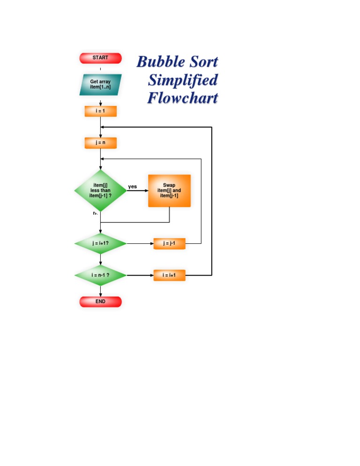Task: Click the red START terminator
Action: click(100, 58)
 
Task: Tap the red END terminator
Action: click(100, 301)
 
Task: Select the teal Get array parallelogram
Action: click(100, 84)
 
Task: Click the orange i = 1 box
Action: click(100, 111)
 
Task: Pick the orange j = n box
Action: click(100, 143)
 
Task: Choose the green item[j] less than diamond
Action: click(100, 191)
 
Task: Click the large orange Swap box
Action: click(169, 191)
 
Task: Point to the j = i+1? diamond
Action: click(100, 244)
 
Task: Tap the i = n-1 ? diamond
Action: click(100, 275)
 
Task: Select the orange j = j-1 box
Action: click(169, 244)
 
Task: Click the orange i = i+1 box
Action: click(169, 275)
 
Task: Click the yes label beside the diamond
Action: click(133, 187)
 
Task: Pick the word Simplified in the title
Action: click(183, 80)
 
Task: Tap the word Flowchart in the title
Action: click(183, 98)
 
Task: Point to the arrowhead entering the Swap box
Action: click(146, 191)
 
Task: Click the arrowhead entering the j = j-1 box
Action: click(151, 244)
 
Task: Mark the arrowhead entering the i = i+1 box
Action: click(151, 275)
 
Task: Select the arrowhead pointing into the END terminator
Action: click(100, 294)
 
